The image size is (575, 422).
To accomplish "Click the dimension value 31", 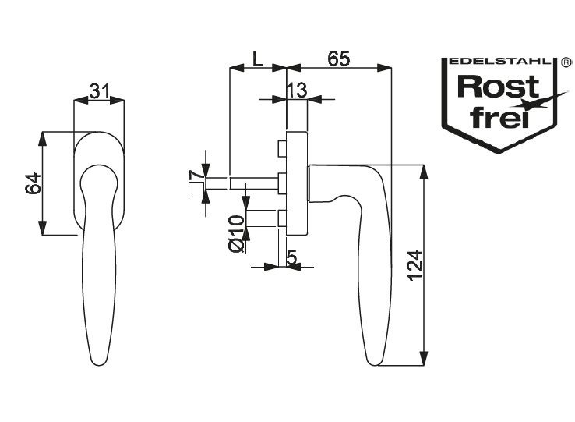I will coord(98,91).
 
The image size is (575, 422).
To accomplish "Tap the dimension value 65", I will coord(337,59).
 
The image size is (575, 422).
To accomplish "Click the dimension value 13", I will coord(297,91).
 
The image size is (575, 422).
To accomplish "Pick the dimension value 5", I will coord(292,257).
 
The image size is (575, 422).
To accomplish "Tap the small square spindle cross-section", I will coord(195,189).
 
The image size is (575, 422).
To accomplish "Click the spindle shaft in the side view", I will coord(253,183).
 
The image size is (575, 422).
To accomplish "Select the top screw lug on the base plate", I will coord(282,147).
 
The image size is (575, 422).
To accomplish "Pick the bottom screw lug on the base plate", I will coord(282,219).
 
